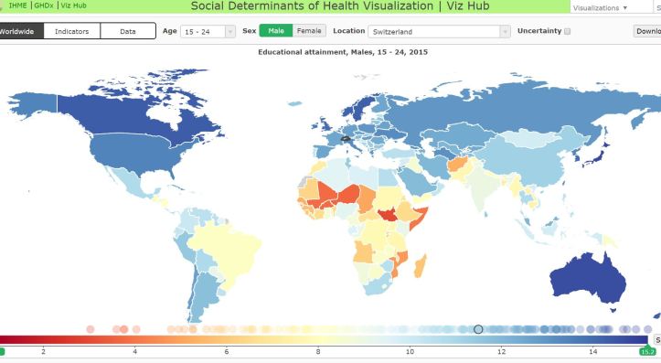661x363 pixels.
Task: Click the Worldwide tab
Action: pyautogui.click(x=18, y=31)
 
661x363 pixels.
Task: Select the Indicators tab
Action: pyautogui.click(x=71, y=31)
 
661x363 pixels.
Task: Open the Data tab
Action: pyautogui.click(x=128, y=31)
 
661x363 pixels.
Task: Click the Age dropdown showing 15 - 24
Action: pyautogui.click(x=208, y=31)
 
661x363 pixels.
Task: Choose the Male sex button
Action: pyautogui.click(x=276, y=31)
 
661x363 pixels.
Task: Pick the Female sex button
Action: pyautogui.click(x=309, y=31)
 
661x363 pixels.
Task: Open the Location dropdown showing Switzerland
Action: pyautogui.click(x=439, y=31)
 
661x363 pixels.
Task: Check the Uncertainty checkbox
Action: pyautogui.click(x=568, y=31)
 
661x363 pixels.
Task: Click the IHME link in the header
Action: pyautogui.click(x=18, y=6)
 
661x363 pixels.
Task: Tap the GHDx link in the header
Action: pyautogui.click(x=43, y=6)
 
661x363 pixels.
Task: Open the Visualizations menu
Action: pyautogui.click(x=600, y=7)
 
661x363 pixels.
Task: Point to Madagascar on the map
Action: pyautogui.click(x=421, y=266)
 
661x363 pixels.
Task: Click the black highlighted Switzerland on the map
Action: pyautogui.click(x=345, y=139)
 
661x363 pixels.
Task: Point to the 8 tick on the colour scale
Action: pyautogui.click(x=318, y=351)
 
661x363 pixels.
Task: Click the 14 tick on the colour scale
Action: pyautogui.click(x=593, y=351)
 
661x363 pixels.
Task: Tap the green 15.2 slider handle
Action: pyautogui.click(x=646, y=351)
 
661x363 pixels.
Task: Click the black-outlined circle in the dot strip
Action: pyautogui.click(x=477, y=329)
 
